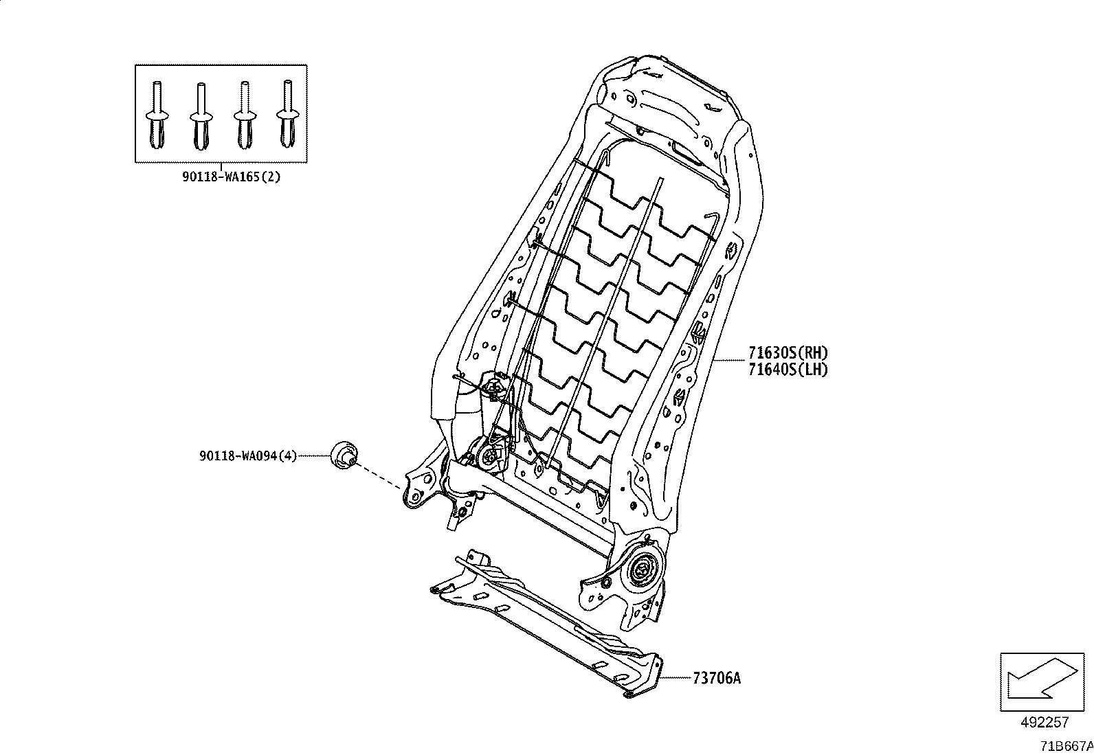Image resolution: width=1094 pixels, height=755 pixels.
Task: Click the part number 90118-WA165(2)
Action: [x=232, y=177]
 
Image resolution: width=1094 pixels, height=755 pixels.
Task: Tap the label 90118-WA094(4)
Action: [x=248, y=455]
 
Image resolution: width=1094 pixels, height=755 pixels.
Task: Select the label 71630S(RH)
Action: [x=788, y=353]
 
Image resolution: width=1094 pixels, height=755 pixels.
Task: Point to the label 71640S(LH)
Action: [x=788, y=370]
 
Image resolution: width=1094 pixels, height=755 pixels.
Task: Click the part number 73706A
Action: [x=717, y=678]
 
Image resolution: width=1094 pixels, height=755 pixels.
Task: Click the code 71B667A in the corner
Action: [x=1065, y=745]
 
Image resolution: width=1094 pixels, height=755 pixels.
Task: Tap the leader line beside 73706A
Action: [x=676, y=678]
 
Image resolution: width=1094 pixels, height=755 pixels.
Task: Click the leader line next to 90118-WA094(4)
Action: [x=314, y=455]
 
